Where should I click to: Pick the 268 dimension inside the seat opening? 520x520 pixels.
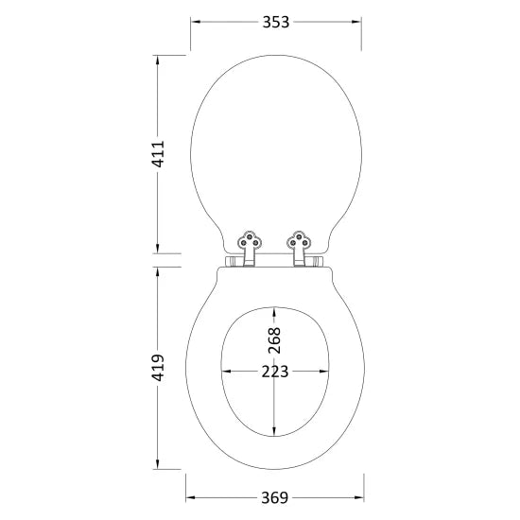(x=274, y=339)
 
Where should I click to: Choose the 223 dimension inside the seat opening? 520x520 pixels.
(x=275, y=372)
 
